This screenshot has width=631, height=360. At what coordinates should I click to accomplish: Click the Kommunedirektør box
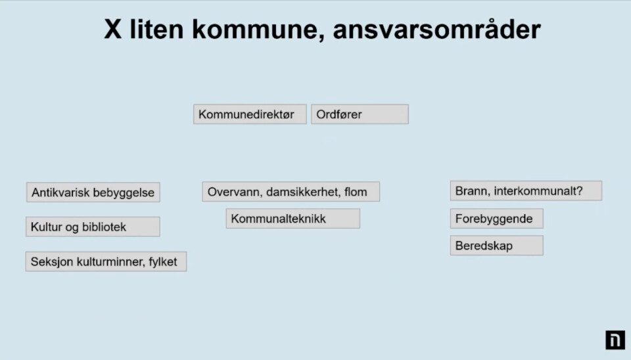tap(250, 114)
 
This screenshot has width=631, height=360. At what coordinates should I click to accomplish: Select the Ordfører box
tap(360, 114)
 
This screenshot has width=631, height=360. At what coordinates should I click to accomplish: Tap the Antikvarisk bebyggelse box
tap(93, 192)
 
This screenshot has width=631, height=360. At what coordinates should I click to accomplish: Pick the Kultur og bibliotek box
tap(93, 227)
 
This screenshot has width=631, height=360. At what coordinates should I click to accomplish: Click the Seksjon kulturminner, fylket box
tap(106, 261)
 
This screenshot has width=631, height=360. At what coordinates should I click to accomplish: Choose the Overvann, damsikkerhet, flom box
tap(291, 191)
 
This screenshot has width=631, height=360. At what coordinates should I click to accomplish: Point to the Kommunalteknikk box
tap(293, 218)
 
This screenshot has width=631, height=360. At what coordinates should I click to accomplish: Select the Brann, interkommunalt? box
tap(526, 191)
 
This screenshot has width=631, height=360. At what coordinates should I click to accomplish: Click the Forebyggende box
tap(497, 218)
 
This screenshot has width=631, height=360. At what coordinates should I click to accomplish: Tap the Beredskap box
tap(497, 245)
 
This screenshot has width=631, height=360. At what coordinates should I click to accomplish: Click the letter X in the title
tap(112, 29)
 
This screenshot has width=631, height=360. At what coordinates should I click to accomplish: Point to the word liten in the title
tap(156, 29)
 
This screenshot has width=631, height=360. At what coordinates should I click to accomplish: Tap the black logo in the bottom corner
tap(615, 340)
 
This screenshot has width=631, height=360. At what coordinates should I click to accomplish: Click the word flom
tap(356, 192)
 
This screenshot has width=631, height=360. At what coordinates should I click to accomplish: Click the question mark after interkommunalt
tap(579, 191)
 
